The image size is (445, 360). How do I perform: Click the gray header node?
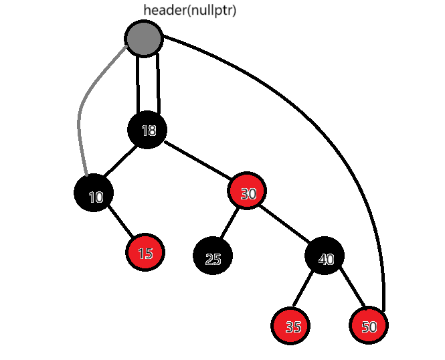click(144, 38)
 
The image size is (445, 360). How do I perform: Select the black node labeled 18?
click(147, 130)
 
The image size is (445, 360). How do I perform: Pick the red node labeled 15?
click(145, 253)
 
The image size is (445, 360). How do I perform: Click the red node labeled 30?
click(248, 193)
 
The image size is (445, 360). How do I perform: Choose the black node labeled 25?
click(213, 257)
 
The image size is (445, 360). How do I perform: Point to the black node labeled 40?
click(325, 257)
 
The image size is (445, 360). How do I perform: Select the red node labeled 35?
click(292, 326)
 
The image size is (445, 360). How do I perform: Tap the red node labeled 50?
click(368, 326)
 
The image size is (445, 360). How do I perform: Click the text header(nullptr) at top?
click(189, 10)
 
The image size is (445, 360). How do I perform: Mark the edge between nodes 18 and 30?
click(197, 161)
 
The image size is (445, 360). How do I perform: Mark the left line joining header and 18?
click(138, 84)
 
